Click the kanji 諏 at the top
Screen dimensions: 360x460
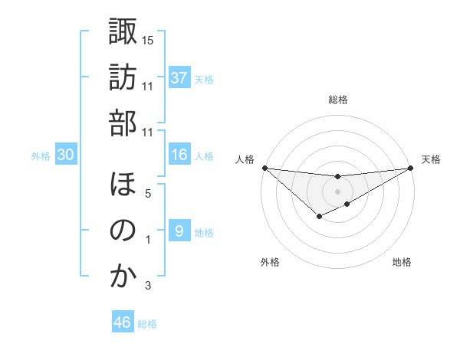pyautogui.click(x=123, y=33)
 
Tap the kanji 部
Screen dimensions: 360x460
pyautogui.click(x=123, y=123)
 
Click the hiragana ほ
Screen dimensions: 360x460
pyautogui.click(x=123, y=185)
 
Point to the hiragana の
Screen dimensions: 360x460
pyautogui.click(x=123, y=231)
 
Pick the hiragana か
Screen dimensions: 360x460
pyautogui.click(x=123, y=276)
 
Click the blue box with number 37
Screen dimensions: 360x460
pyautogui.click(x=179, y=78)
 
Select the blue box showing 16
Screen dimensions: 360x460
pyautogui.click(x=179, y=155)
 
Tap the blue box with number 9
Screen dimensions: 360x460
pyautogui.click(x=179, y=231)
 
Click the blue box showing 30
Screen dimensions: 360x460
pyautogui.click(x=65, y=155)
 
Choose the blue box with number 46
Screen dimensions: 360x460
pyautogui.click(x=122, y=322)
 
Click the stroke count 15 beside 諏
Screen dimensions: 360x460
pyautogui.click(x=148, y=39)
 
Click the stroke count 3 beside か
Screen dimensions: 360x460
pyautogui.click(x=147, y=286)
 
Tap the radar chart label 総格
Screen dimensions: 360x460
pyautogui.click(x=337, y=100)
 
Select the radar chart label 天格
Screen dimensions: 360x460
pyautogui.click(x=432, y=159)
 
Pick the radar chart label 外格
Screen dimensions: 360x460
pyautogui.click(x=269, y=262)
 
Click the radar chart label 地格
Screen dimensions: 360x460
pyautogui.click(x=402, y=262)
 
